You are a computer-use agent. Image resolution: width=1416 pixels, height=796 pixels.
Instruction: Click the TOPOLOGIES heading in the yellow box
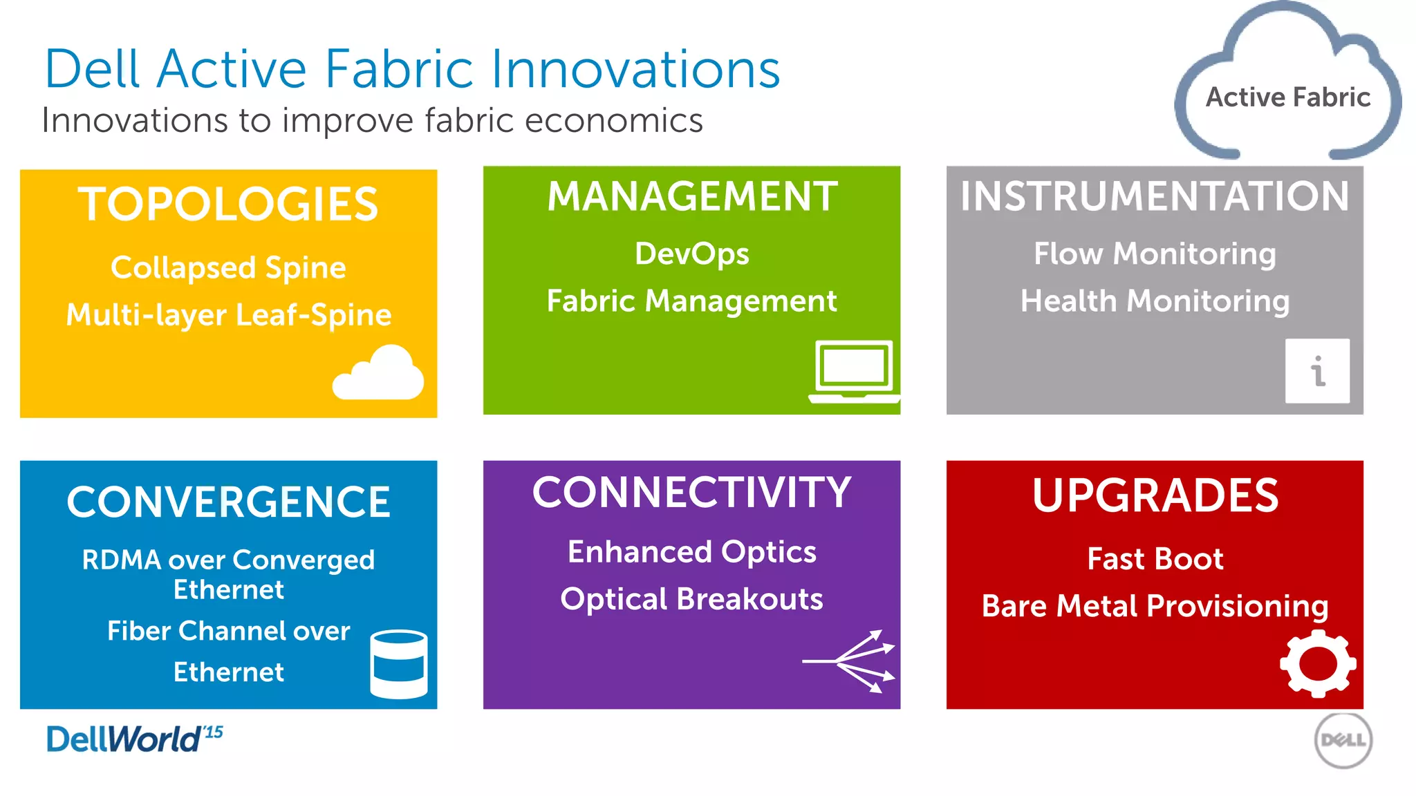pos(228,205)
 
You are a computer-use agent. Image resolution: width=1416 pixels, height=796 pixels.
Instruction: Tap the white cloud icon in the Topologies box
pos(378,375)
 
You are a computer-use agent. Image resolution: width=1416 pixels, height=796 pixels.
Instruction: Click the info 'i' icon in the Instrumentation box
pos(1317,371)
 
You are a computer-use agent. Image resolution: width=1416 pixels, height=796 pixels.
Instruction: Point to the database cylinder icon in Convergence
pos(399,664)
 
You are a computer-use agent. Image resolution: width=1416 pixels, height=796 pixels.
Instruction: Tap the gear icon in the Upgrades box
pos(1318,663)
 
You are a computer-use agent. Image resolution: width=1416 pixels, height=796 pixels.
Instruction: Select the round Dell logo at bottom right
pos(1343,741)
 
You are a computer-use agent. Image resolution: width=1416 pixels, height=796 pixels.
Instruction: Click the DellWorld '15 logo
pos(134,739)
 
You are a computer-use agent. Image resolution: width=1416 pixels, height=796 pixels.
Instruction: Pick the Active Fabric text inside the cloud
pos(1287,97)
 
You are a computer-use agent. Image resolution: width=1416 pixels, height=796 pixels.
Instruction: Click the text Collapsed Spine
pos(228,267)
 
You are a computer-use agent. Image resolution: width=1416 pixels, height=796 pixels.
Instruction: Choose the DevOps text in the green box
pos(691,254)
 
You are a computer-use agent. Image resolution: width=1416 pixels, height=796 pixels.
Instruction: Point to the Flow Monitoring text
pos(1155,254)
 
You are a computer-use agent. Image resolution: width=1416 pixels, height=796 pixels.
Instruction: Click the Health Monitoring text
pos(1155,301)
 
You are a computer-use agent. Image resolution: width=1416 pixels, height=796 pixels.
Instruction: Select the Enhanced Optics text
pos(691,551)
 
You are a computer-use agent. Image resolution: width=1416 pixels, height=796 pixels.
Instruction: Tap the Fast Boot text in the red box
pos(1155,558)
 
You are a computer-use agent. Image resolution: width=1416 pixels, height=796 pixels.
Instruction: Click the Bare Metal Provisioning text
pos(1155,606)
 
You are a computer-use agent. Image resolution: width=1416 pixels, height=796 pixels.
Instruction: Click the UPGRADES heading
pos(1155,495)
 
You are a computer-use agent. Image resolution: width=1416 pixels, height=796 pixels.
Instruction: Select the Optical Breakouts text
pos(691,598)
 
